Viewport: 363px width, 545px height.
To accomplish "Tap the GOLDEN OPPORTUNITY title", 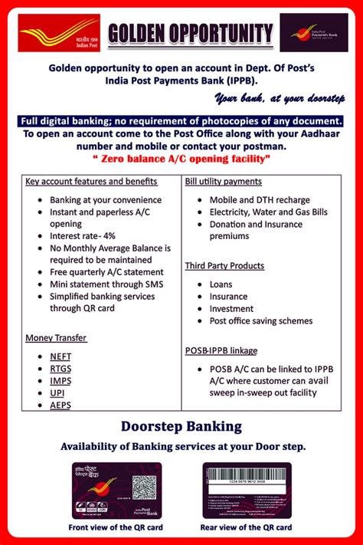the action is point(190,34).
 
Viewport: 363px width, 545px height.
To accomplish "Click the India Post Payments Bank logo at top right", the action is point(313,33).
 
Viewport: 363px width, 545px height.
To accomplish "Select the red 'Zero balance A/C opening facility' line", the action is point(181,159).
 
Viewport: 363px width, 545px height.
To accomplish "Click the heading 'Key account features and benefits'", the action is point(91,182).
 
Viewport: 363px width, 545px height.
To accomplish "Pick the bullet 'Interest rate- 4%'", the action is point(83,236).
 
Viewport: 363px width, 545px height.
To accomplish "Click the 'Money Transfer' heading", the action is point(56,337).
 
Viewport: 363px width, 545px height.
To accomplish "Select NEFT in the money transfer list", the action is point(60,356).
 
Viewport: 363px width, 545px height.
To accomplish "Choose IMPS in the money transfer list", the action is point(60,381).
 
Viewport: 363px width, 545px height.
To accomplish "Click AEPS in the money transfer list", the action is point(60,405).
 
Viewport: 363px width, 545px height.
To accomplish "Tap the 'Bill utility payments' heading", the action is point(224,182).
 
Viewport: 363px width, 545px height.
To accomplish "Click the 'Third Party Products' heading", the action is point(224,266).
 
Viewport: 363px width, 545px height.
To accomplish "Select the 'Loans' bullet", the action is point(223,284).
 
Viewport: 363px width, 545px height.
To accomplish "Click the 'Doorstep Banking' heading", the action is point(181,426).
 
